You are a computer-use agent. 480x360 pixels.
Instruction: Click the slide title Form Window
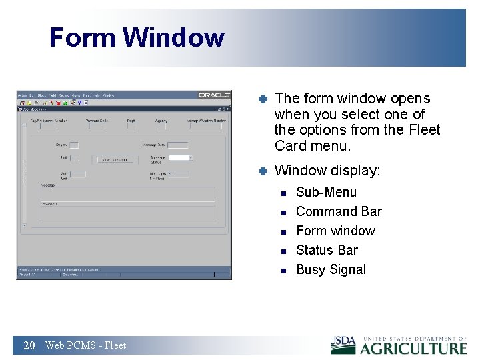click(x=137, y=37)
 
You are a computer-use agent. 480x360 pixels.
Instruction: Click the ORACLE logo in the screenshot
click(x=213, y=95)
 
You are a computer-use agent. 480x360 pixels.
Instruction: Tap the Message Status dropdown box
click(x=180, y=158)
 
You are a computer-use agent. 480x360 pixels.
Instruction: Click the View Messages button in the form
click(x=115, y=160)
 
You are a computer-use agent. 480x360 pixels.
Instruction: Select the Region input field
click(x=75, y=145)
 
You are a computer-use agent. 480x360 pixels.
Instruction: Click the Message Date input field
click(x=177, y=145)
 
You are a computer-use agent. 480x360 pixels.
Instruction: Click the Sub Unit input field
click(x=78, y=174)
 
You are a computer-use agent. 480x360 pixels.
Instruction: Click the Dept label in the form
click(x=131, y=121)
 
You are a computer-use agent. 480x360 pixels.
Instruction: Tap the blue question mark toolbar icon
click(x=79, y=103)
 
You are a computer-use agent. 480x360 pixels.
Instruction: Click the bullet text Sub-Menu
click(x=326, y=192)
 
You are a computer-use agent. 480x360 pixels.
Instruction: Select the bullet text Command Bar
click(x=339, y=211)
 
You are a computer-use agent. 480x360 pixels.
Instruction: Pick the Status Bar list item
click(x=327, y=250)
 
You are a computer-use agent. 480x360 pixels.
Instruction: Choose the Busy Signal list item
click(x=331, y=269)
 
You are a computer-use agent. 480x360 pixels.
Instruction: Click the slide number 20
click(x=29, y=345)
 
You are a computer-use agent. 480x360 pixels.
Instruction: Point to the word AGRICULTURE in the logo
click(x=413, y=348)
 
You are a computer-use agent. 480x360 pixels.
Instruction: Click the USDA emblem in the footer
click(x=343, y=344)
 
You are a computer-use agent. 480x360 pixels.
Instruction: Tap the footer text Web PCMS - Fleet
click(x=85, y=345)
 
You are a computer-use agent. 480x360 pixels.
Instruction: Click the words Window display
click(x=327, y=171)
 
